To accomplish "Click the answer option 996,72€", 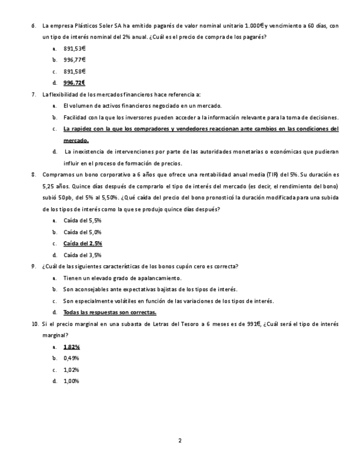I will (x=74, y=83).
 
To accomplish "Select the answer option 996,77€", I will (x=74, y=59).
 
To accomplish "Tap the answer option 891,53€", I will (x=74, y=48).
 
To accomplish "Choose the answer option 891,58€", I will (x=74, y=71).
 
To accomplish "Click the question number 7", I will (x=34, y=95).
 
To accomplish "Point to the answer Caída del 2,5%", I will (x=82, y=243).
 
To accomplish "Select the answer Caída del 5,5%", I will (x=82, y=220).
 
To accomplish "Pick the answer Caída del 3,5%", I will (x=82, y=255).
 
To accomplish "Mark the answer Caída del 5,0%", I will (x=82, y=232).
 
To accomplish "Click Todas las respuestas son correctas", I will (x=110, y=312).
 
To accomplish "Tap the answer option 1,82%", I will (x=71, y=347).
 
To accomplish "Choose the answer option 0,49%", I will (x=71, y=358).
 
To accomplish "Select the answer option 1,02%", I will (x=71, y=370).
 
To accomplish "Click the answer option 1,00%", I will (x=71, y=381).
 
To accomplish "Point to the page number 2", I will (x=180, y=440).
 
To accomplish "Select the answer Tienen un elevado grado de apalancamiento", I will (x=122, y=278).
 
